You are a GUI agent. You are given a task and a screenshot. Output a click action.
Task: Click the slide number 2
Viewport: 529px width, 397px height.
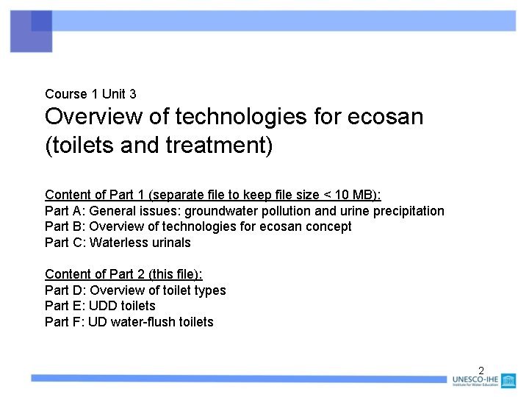click(481, 370)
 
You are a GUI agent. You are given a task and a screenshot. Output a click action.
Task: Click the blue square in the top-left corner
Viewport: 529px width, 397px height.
click(31, 32)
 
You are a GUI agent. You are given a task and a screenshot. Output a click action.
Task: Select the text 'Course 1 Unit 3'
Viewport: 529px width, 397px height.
click(90, 94)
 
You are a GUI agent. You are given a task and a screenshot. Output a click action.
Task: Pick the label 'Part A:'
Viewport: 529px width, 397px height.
click(65, 211)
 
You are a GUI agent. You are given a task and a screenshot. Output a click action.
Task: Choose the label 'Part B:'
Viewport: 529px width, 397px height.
click(65, 226)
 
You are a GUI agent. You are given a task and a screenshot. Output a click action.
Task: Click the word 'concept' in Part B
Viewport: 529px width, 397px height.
click(328, 226)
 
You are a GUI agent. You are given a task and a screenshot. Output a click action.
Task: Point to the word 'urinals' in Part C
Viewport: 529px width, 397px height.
click(170, 243)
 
